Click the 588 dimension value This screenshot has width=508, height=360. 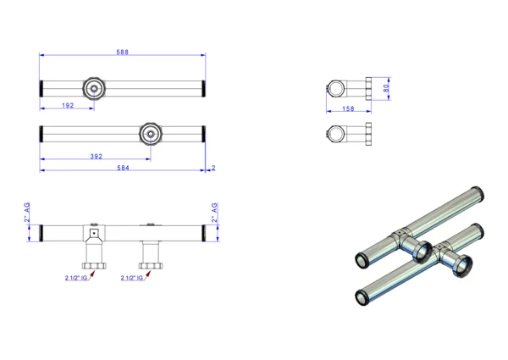[123, 52]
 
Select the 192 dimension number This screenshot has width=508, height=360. [68, 105]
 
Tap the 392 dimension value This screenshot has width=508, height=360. [97, 157]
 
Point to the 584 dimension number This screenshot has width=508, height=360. [123, 168]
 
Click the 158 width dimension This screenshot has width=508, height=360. [348, 108]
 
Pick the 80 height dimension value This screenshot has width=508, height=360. [386, 88]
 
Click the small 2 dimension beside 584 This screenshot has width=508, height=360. [213, 168]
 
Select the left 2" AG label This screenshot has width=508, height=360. [27, 213]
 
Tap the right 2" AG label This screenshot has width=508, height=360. [214, 213]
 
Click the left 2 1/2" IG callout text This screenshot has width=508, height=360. [76, 278]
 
